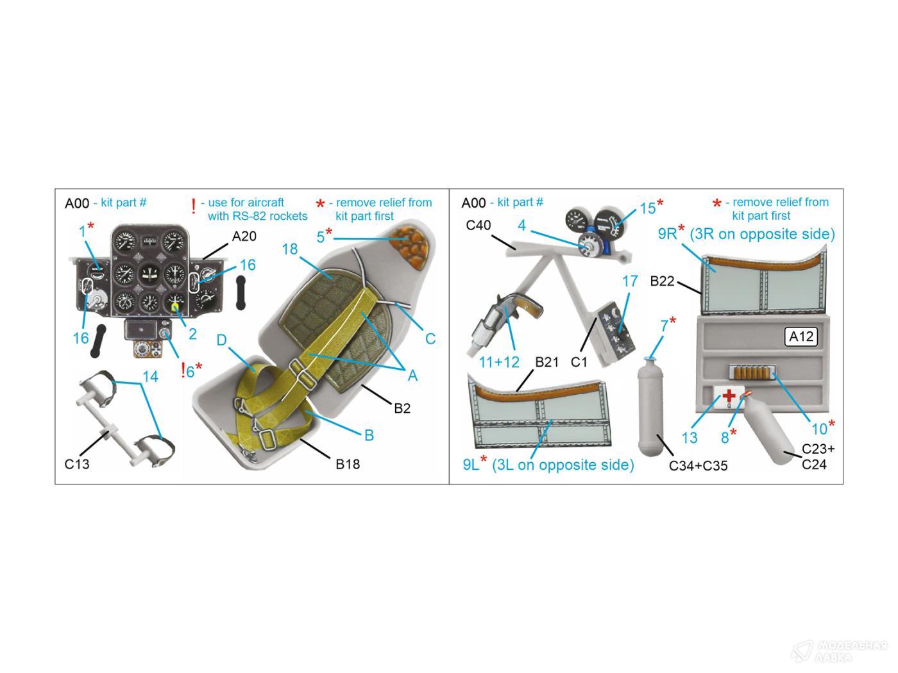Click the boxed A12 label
(801, 336)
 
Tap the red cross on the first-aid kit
(729, 395)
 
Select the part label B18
(348, 464)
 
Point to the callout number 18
(290, 249)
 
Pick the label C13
(76, 464)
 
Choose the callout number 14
(150, 376)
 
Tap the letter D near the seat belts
(221, 340)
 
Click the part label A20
(244, 236)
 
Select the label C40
(479, 225)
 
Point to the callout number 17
(630, 281)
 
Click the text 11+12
(498, 362)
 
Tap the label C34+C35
(698, 466)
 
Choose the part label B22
(662, 281)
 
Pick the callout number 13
(690, 438)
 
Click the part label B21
(547, 361)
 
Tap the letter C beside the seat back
(430, 339)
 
